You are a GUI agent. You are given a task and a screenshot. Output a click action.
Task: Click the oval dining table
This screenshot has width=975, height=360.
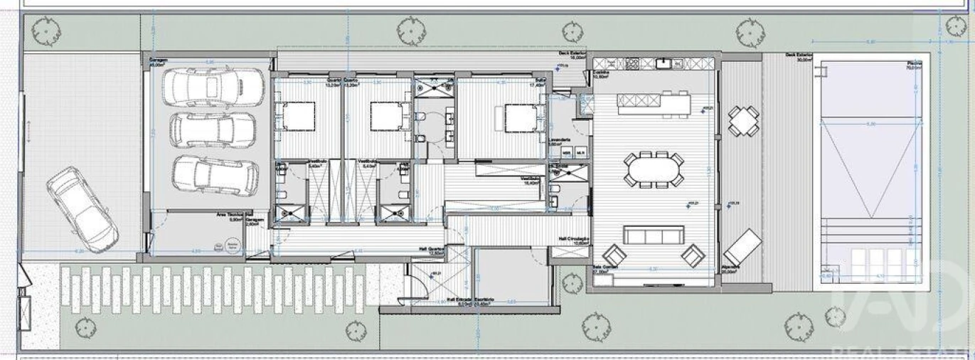coord(654,169)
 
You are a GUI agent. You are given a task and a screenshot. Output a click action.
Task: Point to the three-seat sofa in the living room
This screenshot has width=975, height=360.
coord(654,235)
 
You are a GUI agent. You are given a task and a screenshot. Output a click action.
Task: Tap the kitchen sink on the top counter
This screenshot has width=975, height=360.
coord(664,64)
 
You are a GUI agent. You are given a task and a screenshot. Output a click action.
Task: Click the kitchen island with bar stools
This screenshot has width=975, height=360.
coord(654,104)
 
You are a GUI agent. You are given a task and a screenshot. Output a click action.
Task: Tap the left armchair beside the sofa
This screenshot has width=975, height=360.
coord(613,254)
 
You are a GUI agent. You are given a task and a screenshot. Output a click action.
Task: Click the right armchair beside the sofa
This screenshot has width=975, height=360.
coord(692,254)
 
